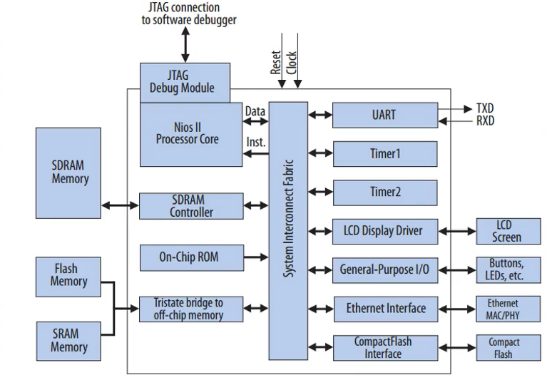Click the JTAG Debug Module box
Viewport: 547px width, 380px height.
185,82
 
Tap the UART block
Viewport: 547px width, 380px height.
385,114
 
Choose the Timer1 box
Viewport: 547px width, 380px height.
385,153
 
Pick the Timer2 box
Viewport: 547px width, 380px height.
385,192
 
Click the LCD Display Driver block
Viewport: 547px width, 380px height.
385,231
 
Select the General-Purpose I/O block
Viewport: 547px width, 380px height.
385,270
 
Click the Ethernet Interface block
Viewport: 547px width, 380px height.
385,309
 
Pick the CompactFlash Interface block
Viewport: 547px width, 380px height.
385,348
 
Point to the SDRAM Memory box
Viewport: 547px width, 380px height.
70,172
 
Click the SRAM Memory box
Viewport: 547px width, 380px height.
68,341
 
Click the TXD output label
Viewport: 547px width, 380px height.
484,108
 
